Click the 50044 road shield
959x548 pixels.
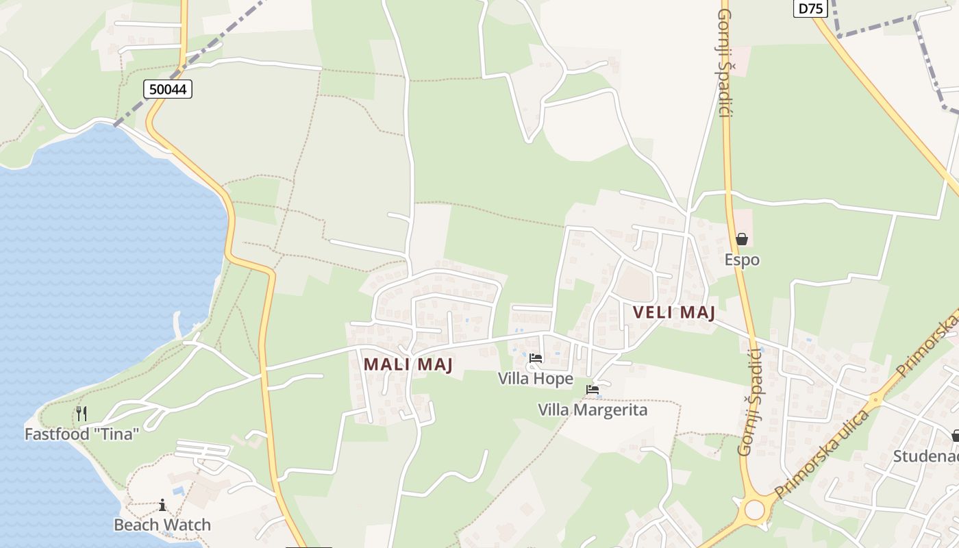pos(168,88)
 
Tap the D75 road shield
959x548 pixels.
pos(811,8)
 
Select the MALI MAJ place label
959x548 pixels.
pos(408,364)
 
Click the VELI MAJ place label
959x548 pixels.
pos(674,313)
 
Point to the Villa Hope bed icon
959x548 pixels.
pos(536,358)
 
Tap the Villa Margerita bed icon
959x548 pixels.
pos(593,390)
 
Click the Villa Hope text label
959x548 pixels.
pos(536,378)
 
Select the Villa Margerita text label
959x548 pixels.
pos(593,410)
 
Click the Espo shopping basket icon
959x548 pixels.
pos(741,239)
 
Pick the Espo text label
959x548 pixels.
pos(742,260)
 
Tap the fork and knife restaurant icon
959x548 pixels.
pos(82,413)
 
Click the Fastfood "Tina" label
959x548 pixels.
pos(82,434)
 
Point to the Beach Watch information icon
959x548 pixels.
pos(162,505)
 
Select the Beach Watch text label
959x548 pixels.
pos(162,525)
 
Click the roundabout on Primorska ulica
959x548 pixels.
pos(754,510)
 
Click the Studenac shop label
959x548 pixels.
pos(925,456)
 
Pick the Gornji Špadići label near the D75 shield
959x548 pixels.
pos(725,62)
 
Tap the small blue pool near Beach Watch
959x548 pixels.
pos(179,491)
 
